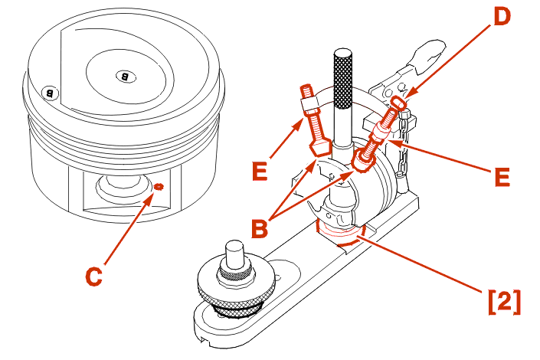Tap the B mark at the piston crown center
125,75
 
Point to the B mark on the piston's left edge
50,93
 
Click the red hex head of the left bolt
318,144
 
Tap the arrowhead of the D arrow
407,97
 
